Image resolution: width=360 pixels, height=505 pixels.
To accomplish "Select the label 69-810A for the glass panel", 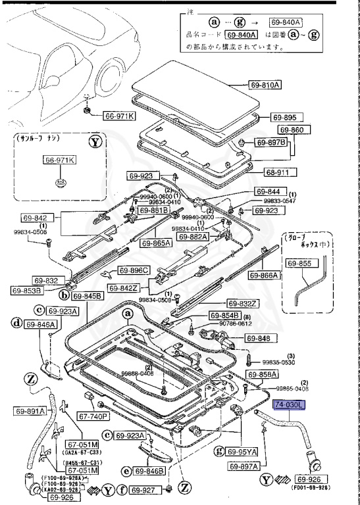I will pyautogui.click(x=265, y=85).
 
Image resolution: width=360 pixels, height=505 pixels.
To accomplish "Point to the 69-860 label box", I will pyautogui.click(x=292, y=130).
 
